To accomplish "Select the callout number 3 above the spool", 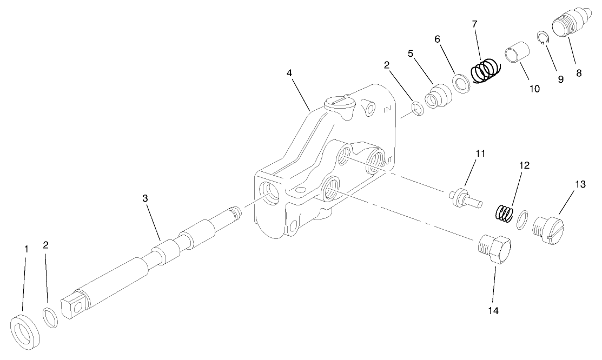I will tap(145, 198).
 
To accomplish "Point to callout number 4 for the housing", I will tap(291, 72).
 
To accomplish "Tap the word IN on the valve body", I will tap(387, 109).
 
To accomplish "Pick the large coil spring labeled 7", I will tap(486, 70).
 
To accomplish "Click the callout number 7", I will tap(474, 24).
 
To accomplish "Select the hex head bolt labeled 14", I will tap(495, 249).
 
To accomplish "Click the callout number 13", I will tap(580, 184).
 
